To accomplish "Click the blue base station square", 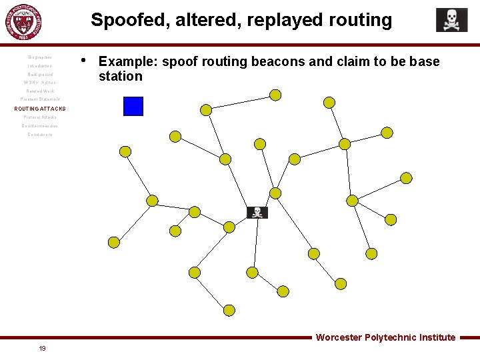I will pyautogui.click(x=133, y=106).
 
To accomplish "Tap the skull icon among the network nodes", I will pyautogui.click(x=257, y=213).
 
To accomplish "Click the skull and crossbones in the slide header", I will pyautogui.click(x=451, y=20).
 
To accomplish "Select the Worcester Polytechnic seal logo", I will pyautogui.click(x=27, y=23).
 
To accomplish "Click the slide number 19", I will pyautogui.click(x=42, y=348).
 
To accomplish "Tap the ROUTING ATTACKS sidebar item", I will pyautogui.click(x=40, y=108).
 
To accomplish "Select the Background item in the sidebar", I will pyautogui.click(x=40, y=75).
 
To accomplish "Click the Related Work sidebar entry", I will pyautogui.click(x=40, y=91).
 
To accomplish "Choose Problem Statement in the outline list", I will pyautogui.click(x=40, y=99).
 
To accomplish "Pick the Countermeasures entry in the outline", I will pyautogui.click(x=40, y=125).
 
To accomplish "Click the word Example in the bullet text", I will pyautogui.click(x=127, y=62).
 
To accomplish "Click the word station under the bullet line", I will pyautogui.click(x=120, y=76).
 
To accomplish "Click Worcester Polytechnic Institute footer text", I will pyautogui.click(x=385, y=337).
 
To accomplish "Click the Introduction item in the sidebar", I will pyautogui.click(x=40, y=66).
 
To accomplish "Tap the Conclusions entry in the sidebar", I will pyautogui.click(x=40, y=134).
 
